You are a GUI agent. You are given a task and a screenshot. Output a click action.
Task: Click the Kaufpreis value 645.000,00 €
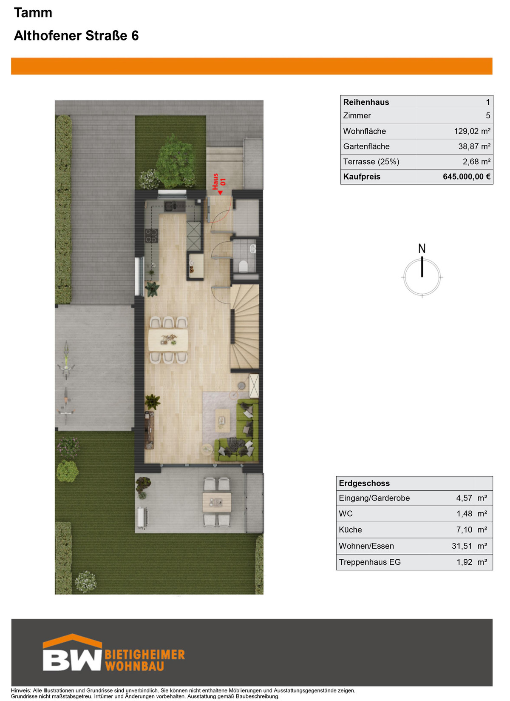466,177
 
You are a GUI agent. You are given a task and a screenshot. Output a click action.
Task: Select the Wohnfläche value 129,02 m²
472,131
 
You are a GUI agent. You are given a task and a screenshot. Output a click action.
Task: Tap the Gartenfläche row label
366,146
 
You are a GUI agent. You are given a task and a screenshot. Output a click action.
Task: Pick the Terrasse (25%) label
371,162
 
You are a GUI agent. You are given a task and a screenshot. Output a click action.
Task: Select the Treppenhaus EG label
370,562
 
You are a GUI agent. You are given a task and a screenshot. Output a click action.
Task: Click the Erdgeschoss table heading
364,483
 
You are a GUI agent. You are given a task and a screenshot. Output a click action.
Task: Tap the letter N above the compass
422,249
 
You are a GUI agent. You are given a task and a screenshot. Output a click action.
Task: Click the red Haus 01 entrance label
219,183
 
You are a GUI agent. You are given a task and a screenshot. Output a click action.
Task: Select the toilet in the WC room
243,266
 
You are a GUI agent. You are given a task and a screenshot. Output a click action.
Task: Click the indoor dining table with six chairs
168,340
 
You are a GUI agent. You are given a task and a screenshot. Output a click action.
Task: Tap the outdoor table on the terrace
217,502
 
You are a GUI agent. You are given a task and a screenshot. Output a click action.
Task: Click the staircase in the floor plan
245,326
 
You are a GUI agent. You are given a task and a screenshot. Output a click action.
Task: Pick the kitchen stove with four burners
151,236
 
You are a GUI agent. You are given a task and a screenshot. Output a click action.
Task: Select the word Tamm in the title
33,13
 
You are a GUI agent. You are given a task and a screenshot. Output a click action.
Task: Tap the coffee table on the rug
223,421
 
